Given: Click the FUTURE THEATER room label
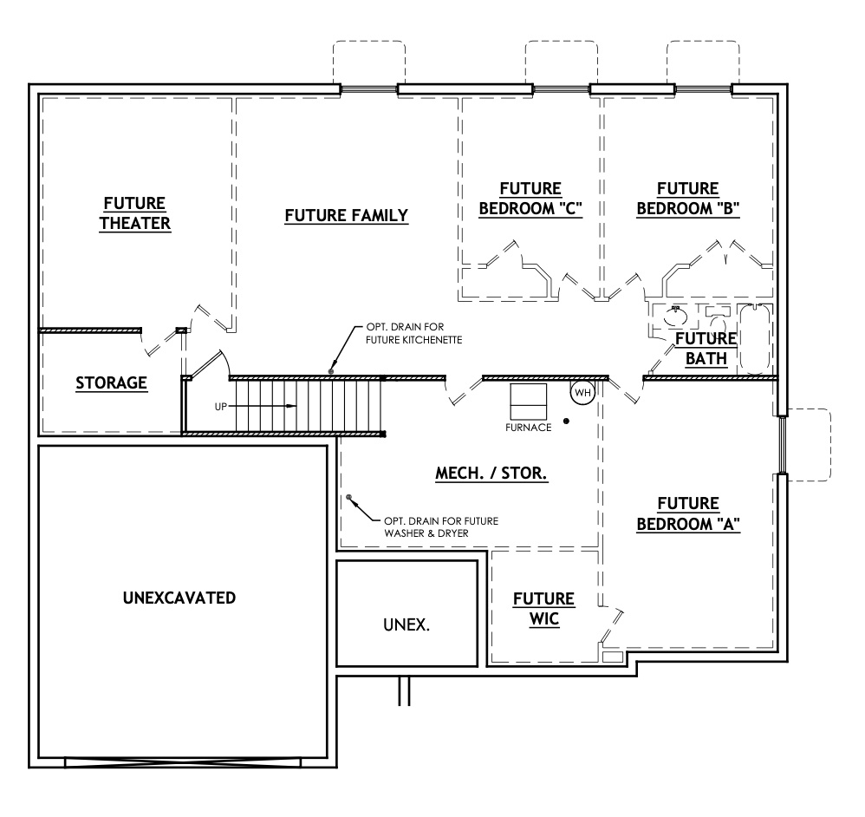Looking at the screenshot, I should click(x=135, y=213).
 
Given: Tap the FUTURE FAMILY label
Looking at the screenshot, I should click(x=346, y=215).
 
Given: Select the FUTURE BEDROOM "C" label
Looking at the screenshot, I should click(x=530, y=199).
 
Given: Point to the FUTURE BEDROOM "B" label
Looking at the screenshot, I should click(x=687, y=199).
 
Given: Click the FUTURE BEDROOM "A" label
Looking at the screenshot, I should click(x=688, y=514).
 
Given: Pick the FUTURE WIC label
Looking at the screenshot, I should click(x=543, y=609).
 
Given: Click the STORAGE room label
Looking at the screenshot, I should click(x=110, y=382).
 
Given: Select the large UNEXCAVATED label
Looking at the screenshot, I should click(x=179, y=598).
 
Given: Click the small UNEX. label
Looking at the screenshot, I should click(x=406, y=624).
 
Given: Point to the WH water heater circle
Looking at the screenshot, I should click(x=582, y=393).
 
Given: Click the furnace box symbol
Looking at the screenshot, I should click(x=528, y=401).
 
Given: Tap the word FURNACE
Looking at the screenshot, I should click(x=528, y=428).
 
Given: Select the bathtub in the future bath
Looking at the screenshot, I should click(x=755, y=339).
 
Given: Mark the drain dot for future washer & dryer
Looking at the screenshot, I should click(x=349, y=498).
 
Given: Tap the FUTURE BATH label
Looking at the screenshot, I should click(x=706, y=347).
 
